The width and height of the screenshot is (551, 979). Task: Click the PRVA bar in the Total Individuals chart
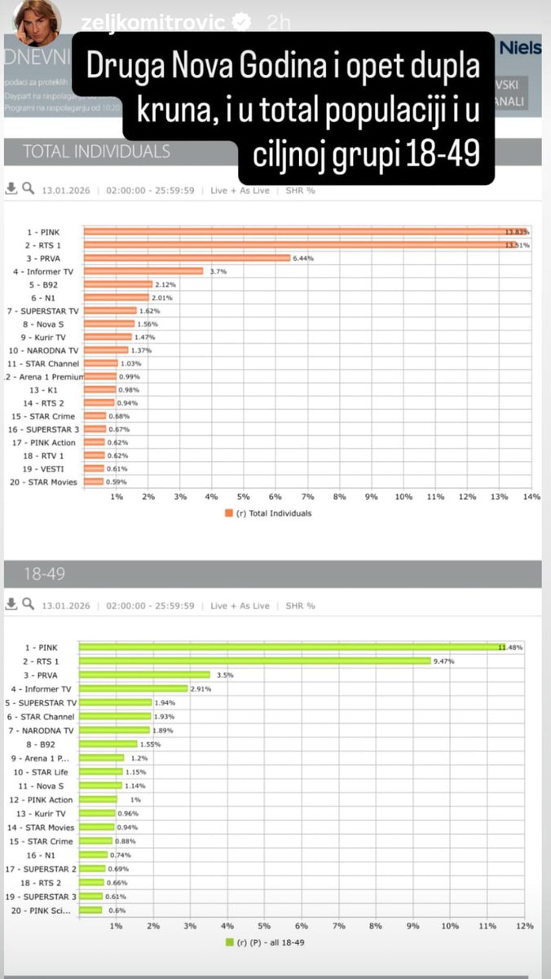187,258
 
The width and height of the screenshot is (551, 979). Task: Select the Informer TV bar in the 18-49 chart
134,689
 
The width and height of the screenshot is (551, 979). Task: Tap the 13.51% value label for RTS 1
517,244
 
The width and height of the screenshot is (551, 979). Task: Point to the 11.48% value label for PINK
510,648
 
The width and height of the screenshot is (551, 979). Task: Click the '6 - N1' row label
57,297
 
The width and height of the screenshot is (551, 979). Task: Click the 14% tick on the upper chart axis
531,497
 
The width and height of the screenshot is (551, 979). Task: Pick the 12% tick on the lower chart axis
523,926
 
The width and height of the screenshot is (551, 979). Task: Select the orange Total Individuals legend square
229,514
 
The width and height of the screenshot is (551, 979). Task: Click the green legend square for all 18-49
229,943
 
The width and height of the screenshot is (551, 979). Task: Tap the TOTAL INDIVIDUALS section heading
96,151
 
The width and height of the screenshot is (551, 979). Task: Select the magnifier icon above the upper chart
28,189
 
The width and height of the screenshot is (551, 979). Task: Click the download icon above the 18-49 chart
11,605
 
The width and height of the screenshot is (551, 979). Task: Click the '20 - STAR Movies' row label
48,482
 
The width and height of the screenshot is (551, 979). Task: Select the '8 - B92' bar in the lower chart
108,744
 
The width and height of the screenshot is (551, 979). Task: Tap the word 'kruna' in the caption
172,116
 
